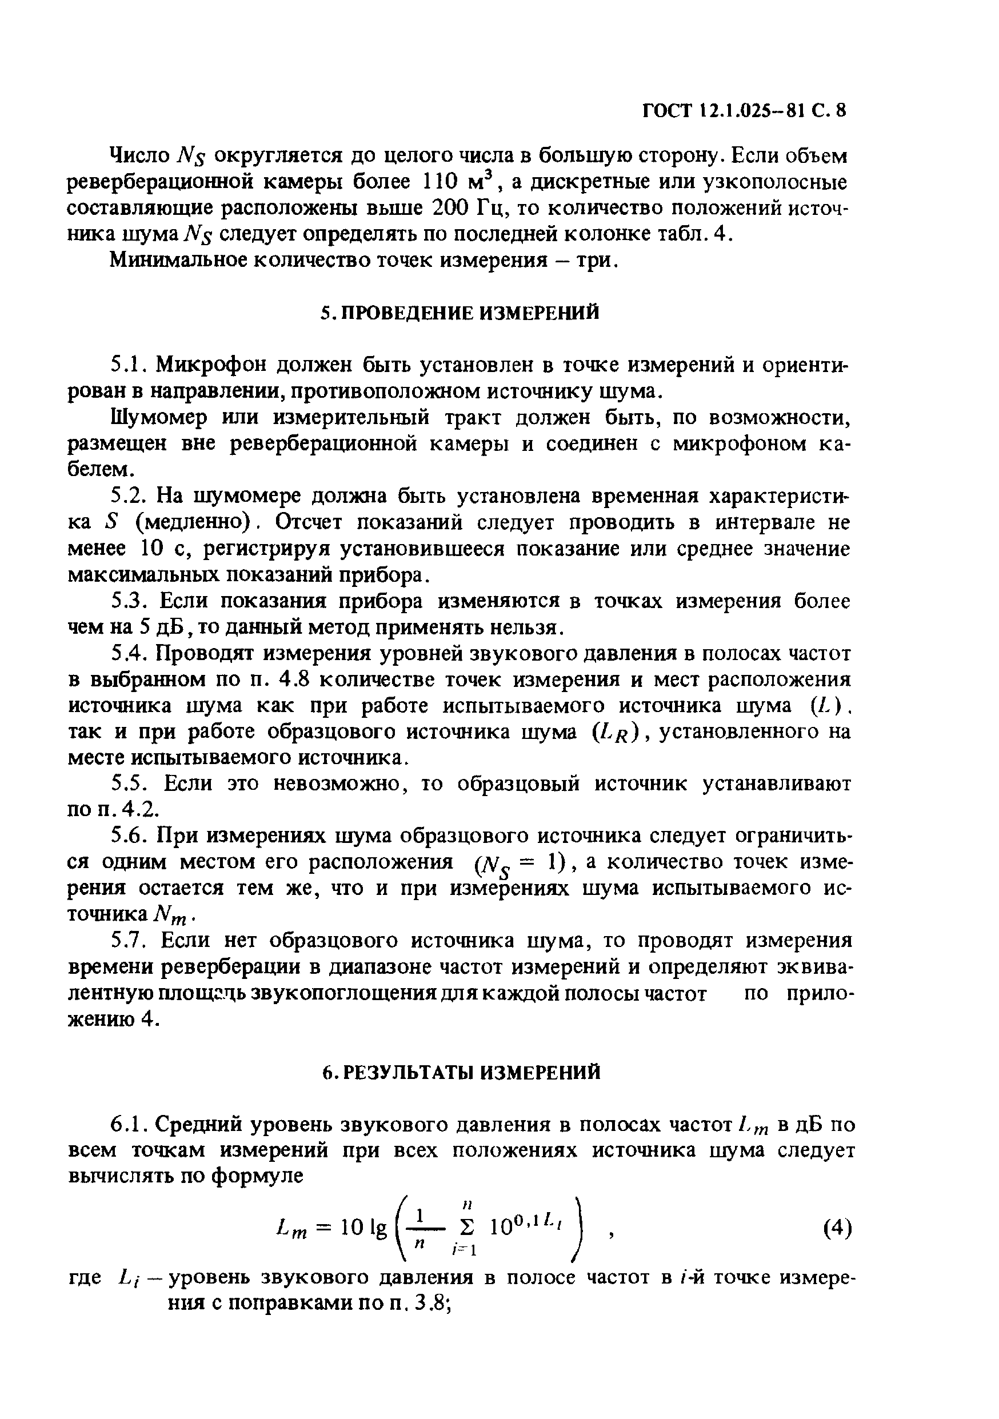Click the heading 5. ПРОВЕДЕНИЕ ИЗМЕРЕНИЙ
pyautogui.click(x=460, y=313)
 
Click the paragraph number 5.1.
pyautogui.click(x=129, y=365)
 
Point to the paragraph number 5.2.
pyautogui.click(x=129, y=495)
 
